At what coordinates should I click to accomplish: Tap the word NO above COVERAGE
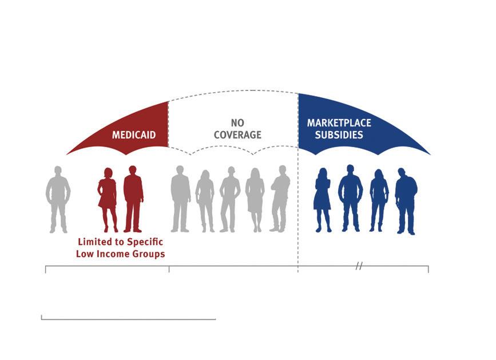click(237, 123)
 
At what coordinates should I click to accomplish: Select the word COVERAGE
click(238, 135)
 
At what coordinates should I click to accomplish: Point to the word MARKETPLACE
click(339, 123)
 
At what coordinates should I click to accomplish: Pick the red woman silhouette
click(108, 199)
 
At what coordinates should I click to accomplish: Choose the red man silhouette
click(133, 199)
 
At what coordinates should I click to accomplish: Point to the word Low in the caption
click(86, 254)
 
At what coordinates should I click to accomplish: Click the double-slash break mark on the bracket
click(359, 266)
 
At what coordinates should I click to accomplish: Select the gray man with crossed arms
click(280, 199)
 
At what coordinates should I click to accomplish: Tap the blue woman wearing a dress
click(323, 200)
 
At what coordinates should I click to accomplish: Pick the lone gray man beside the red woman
click(58, 199)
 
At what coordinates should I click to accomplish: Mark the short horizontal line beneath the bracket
click(128, 319)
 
